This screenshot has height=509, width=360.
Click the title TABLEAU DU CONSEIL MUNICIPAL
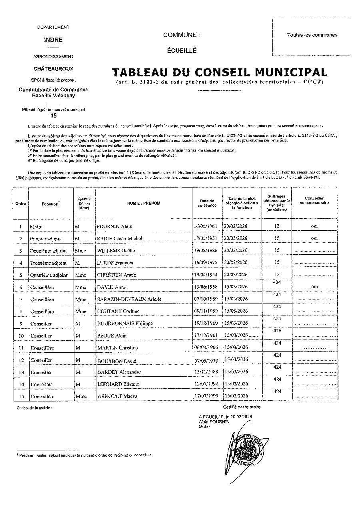tap(219, 72)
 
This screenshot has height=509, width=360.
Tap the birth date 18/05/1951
tap(206, 239)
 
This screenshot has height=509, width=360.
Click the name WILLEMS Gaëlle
tap(116, 251)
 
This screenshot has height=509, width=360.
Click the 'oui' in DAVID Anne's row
tap(314, 287)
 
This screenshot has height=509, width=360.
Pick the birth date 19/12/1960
tap(206, 323)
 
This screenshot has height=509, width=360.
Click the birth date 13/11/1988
tap(206, 372)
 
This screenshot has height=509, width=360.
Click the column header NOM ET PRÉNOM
tap(144, 204)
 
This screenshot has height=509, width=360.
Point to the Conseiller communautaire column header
tap(314, 201)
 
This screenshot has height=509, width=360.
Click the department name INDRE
tap(53, 40)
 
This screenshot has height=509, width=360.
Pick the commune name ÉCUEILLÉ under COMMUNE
tap(182, 51)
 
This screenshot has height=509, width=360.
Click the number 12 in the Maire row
tap(276, 226)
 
